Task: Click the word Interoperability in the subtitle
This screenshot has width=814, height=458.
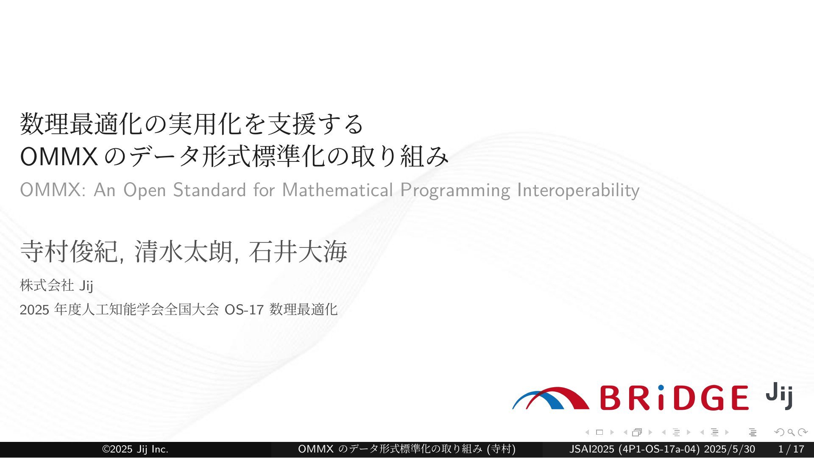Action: pos(578,191)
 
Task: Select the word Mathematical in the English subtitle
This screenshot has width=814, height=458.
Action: pos(337,190)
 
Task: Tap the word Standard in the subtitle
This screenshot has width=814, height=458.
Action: pos(209,190)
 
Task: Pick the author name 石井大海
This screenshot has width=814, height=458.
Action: pos(298,251)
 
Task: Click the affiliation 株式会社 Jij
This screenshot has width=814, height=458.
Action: pos(56,286)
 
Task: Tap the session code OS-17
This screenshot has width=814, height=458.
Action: pos(244,310)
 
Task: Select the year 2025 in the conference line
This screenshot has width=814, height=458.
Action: pos(35,310)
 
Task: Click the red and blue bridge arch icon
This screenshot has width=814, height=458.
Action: pos(550,398)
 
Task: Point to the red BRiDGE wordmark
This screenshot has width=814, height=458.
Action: pos(675,398)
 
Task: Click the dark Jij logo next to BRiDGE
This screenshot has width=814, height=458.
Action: pos(779,396)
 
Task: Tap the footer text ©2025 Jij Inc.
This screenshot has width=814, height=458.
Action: pos(135,450)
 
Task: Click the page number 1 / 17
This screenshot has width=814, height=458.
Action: pos(791,450)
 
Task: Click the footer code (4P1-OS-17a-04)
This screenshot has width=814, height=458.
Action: pos(659,450)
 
